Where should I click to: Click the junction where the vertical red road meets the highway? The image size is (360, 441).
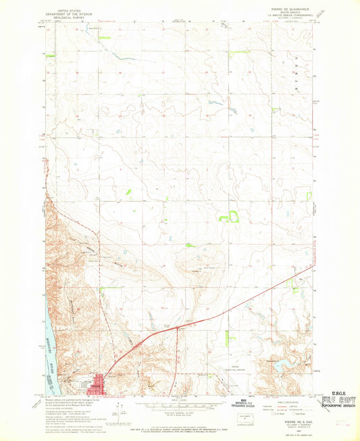coord(178,328)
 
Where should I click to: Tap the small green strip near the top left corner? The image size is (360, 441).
coord(50,56)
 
